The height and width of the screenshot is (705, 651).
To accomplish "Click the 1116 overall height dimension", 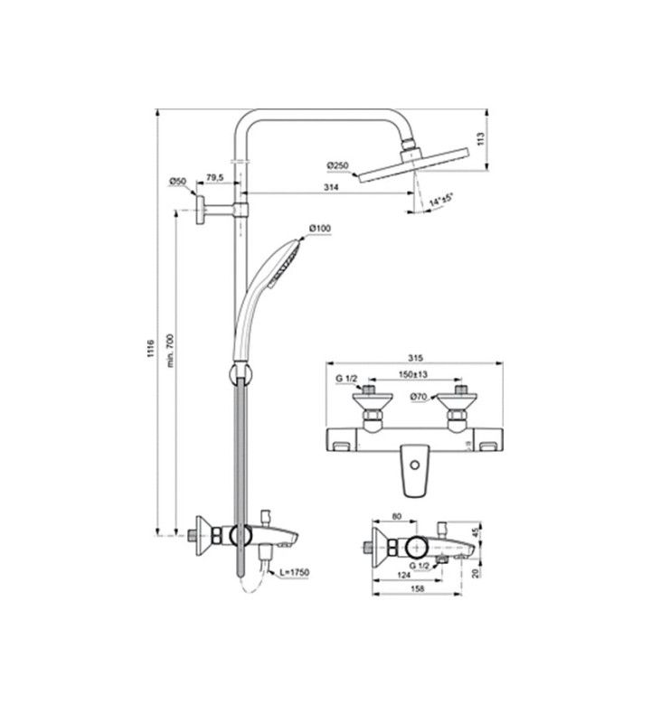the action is (x=151, y=349).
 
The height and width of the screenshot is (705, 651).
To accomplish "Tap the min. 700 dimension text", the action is (x=170, y=351).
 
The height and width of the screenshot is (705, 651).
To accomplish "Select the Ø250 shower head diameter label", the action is (x=337, y=166).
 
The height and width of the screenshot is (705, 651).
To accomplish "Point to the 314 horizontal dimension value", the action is (x=331, y=187).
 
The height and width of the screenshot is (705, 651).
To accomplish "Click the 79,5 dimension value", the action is (x=214, y=177).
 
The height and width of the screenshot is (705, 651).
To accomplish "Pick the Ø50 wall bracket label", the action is (x=177, y=182).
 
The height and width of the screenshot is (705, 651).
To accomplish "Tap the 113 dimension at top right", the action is (x=480, y=138).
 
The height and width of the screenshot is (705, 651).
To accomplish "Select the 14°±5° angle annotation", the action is (x=440, y=200).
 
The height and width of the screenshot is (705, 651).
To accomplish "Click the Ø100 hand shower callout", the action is (x=319, y=229).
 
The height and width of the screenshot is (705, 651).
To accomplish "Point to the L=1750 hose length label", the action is (x=294, y=572).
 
